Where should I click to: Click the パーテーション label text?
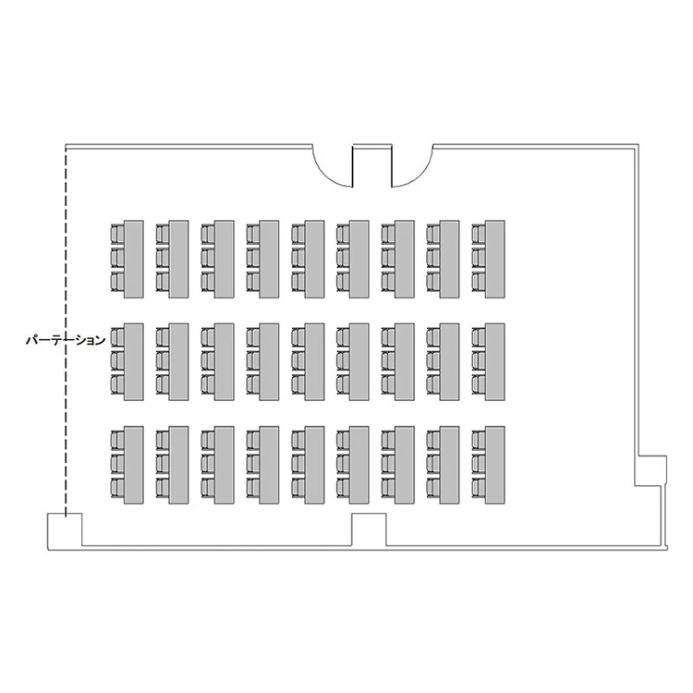[66, 340]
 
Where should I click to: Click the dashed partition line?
[66, 332]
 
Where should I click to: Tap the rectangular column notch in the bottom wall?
[369, 529]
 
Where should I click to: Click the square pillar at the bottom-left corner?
[65, 531]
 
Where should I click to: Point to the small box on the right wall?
[650, 470]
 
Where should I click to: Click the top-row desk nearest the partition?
[133, 259]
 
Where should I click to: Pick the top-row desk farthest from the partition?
[494, 259]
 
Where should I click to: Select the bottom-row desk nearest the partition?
[133, 465]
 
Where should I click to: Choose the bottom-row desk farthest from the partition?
[494, 465]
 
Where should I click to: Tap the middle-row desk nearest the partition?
[133, 362]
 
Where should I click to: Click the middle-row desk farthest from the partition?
[494, 362]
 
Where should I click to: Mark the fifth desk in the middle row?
[314, 362]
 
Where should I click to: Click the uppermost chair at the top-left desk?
[117, 234]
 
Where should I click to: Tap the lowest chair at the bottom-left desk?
[117, 488]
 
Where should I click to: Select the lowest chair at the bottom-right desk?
[479, 488]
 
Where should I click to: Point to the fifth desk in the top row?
[314, 259]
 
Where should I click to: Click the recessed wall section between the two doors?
[372, 165]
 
